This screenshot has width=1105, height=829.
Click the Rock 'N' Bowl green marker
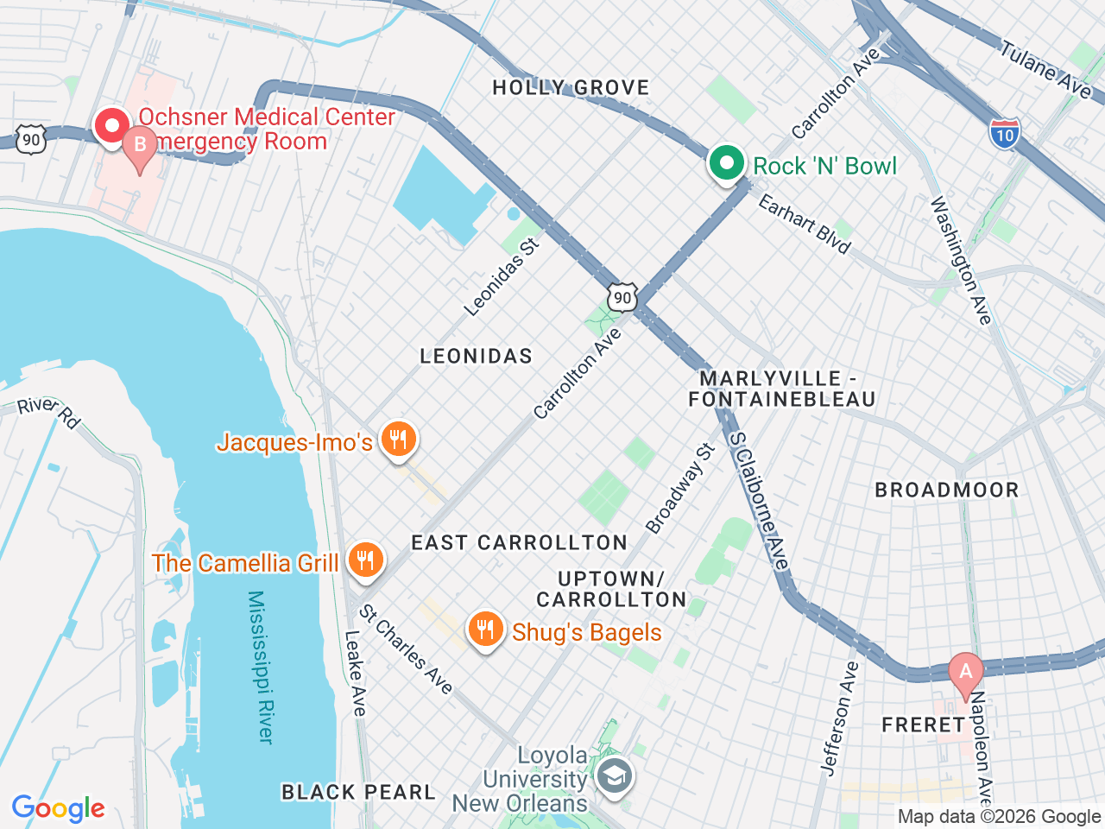tap(727, 163)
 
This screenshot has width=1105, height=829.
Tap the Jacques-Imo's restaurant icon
tap(397, 440)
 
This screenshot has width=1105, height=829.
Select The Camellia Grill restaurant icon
tap(365, 561)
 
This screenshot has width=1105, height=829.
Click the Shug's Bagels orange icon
tap(486, 630)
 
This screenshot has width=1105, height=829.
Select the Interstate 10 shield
tap(1004, 135)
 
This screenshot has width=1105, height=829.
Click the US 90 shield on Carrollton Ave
tap(622, 298)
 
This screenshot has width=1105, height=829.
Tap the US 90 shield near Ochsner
tap(30, 139)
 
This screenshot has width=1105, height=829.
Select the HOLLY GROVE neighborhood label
tap(571, 87)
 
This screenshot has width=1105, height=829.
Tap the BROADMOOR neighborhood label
tap(947, 490)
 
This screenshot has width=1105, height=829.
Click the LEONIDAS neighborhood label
tap(476, 356)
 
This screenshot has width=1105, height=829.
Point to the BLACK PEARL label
tap(358, 792)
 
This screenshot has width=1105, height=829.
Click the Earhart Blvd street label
tap(805, 224)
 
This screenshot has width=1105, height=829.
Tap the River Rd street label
tap(49, 411)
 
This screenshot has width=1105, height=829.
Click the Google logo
tap(58, 808)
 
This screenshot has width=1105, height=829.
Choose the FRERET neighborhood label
tap(922, 725)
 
